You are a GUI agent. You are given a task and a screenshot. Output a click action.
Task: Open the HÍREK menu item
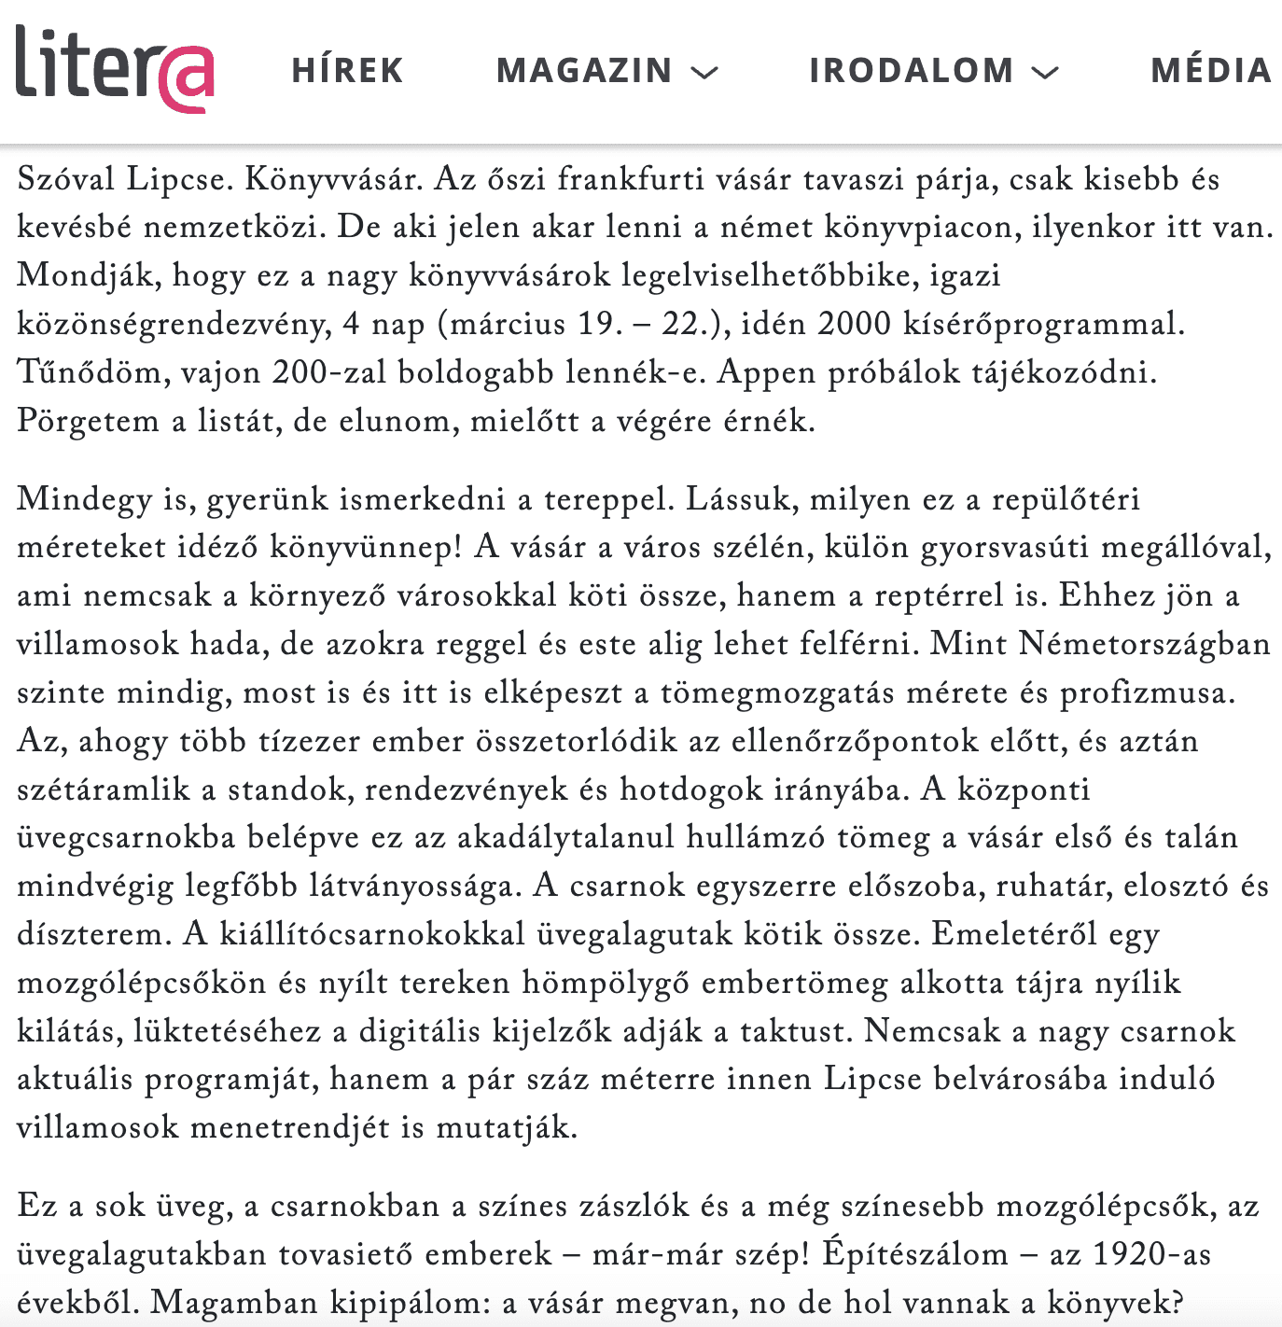(x=347, y=71)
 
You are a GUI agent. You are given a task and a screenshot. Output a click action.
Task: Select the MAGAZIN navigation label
(x=584, y=71)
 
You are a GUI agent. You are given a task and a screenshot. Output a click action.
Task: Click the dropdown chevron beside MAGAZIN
(x=704, y=72)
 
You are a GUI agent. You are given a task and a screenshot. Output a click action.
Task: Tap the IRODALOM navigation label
(x=911, y=71)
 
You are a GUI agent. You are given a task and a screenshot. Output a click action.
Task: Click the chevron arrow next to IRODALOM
(x=1045, y=72)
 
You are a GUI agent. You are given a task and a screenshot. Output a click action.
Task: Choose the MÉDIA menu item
(x=1210, y=71)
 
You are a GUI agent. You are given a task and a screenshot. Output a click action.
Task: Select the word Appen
(x=768, y=372)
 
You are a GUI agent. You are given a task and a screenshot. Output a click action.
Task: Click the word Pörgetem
(x=88, y=421)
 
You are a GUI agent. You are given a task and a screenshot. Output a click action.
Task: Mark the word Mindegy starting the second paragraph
(x=84, y=499)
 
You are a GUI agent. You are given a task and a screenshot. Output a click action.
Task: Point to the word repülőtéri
(x=1066, y=499)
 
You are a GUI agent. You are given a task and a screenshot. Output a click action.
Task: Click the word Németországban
(x=1145, y=644)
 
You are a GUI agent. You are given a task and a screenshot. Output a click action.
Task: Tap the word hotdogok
(x=691, y=789)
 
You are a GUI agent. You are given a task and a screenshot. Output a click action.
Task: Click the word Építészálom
(x=915, y=1254)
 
